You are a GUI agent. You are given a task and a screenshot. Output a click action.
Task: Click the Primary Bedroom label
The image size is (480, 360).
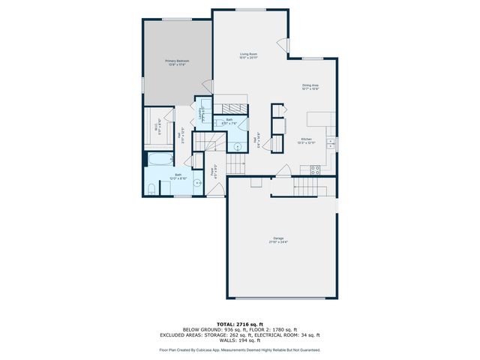[x=177, y=63]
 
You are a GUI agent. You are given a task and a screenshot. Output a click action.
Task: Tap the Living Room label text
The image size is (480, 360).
[x=249, y=55]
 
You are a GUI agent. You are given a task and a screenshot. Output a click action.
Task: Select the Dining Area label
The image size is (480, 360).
[x=311, y=88]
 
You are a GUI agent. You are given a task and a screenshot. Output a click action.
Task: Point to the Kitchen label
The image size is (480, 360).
[x=306, y=141]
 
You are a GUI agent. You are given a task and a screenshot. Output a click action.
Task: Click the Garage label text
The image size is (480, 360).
[x=278, y=240]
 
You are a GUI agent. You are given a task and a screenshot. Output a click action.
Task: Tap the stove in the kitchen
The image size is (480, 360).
[x=315, y=169]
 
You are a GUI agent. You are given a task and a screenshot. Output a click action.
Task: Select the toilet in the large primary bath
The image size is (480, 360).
[x=150, y=189]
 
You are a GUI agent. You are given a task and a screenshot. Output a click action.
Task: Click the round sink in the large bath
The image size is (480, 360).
[x=198, y=183]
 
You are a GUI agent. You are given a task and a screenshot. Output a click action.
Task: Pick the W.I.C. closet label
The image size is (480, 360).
[x=157, y=127]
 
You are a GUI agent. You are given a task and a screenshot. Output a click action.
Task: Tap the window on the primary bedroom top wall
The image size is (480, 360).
[x=177, y=19]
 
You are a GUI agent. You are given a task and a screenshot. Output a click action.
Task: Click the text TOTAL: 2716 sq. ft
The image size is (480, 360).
[x=239, y=324]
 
